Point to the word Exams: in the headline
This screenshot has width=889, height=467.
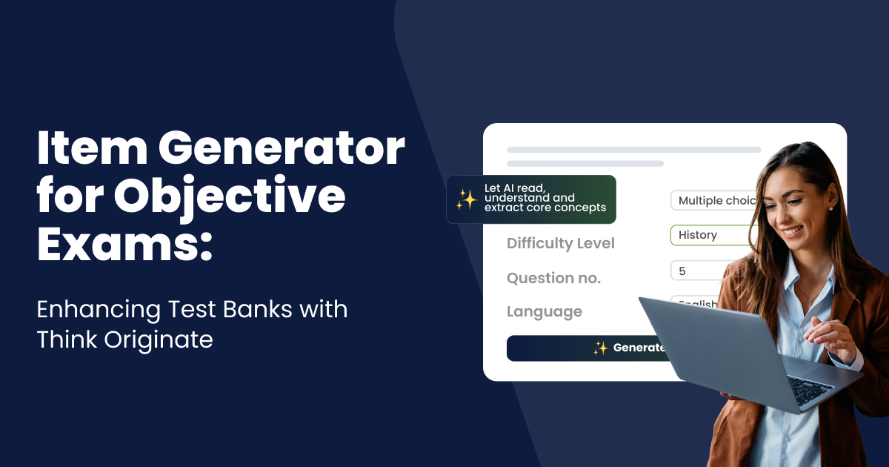[x=124, y=245]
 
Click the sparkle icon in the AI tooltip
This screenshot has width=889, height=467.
[x=466, y=199]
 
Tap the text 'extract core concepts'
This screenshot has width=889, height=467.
[x=545, y=208]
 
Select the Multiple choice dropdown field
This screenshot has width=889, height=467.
[x=715, y=200]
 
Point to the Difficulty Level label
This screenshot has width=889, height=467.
[x=561, y=243]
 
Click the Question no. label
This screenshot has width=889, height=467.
[x=553, y=278]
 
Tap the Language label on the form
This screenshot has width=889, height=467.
[x=545, y=312]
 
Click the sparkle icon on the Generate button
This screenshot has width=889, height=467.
[x=600, y=348]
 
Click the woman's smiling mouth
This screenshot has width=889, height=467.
[x=790, y=231]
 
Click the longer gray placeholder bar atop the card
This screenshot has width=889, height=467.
[x=633, y=150]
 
